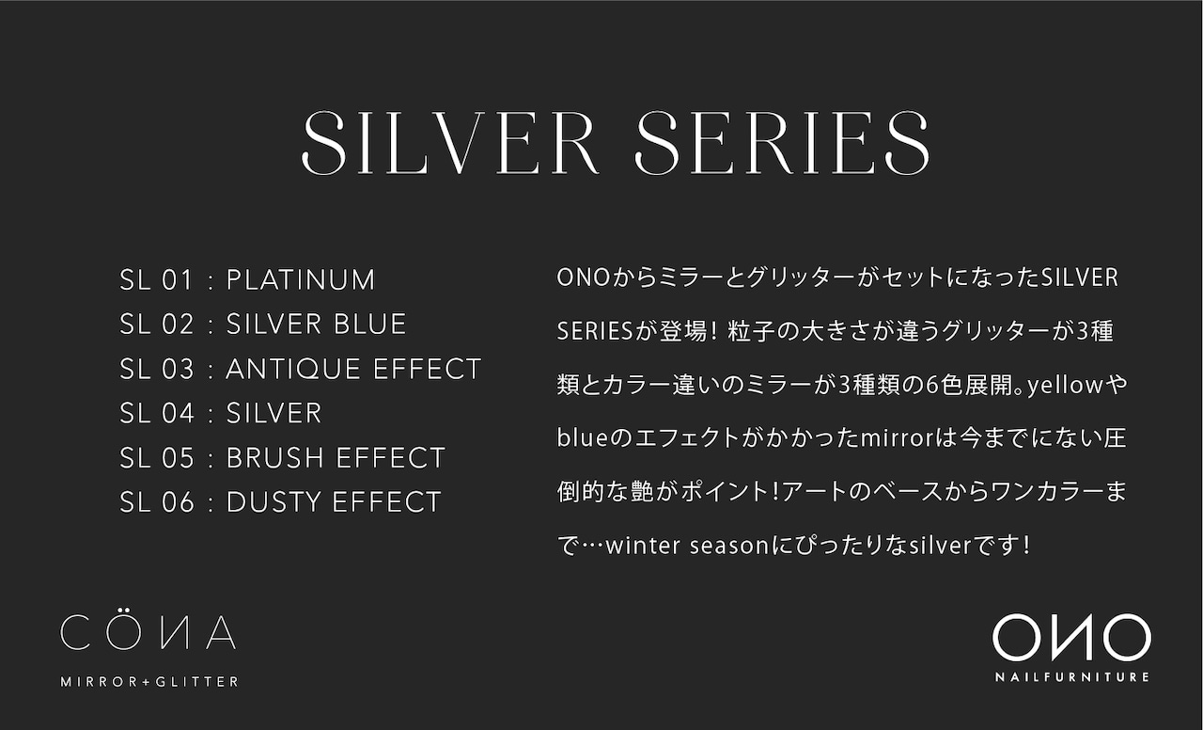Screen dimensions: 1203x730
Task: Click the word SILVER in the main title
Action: click(x=450, y=143)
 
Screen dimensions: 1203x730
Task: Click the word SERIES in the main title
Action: click(x=783, y=143)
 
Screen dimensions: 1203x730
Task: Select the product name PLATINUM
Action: click(x=300, y=280)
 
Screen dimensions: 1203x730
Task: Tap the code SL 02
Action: click(x=156, y=325)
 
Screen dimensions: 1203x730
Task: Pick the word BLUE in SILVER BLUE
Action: click(x=369, y=325)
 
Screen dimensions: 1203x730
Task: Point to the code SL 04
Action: click(x=156, y=413)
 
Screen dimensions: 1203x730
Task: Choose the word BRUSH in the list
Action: click(x=275, y=458)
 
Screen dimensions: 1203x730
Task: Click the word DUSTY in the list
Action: click(x=273, y=502)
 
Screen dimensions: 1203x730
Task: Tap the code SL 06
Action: click(x=156, y=502)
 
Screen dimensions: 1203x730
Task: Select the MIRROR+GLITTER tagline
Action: click(x=149, y=682)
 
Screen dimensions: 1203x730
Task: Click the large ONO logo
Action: click(x=1071, y=638)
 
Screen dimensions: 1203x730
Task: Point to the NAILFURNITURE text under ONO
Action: click(x=1072, y=676)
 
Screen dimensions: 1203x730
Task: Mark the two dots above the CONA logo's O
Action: click(x=124, y=611)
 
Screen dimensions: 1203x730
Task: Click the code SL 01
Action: click(x=156, y=280)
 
